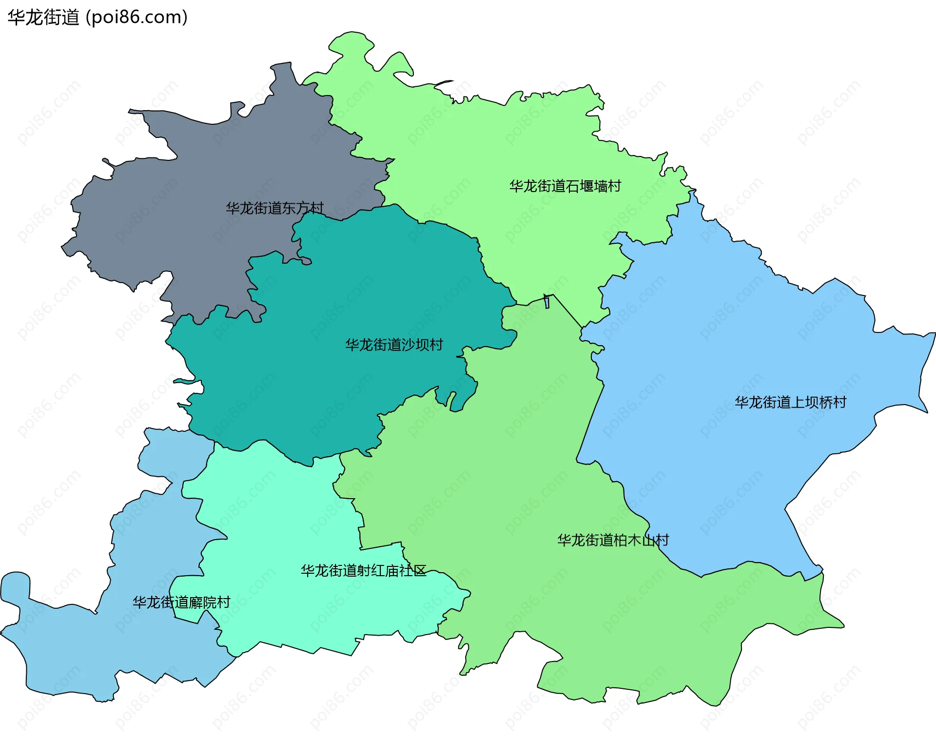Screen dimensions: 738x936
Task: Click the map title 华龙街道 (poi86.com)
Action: pyautogui.click(x=97, y=18)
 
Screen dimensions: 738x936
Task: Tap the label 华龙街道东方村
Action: pyautogui.click(x=274, y=208)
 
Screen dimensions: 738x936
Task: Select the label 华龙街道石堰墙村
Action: pyautogui.click(x=565, y=186)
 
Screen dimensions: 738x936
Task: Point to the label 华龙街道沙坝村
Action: pyautogui.click(x=394, y=345)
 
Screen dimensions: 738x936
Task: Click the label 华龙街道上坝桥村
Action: pyautogui.click(x=790, y=403)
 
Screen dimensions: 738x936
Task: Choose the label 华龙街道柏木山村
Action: pyautogui.click(x=613, y=540)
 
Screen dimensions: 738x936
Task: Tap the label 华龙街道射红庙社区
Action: pyautogui.click(x=363, y=571)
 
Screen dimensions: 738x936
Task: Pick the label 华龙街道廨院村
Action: pyautogui.click(x=181, y=602)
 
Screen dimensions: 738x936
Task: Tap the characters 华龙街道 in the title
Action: pyautogui.click(x=43, y=18)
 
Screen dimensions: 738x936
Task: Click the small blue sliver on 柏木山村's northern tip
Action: pyautogui.click(x=547, y=302)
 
